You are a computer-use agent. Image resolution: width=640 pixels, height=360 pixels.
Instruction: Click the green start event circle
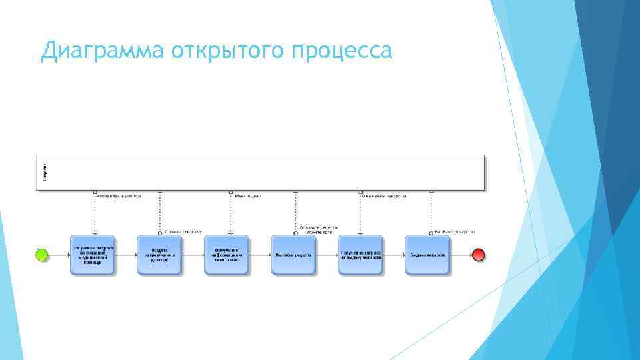click(x=42, y=255)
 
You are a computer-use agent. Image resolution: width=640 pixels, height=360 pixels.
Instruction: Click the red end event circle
click(x=478, y=255)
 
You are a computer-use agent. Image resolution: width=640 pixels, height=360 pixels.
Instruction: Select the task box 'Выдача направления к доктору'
click(x=159, y=255)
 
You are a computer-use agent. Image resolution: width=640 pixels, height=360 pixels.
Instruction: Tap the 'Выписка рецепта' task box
click(x=293, y=255)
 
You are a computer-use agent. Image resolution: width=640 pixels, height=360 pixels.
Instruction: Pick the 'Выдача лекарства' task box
click(x=427, y=255)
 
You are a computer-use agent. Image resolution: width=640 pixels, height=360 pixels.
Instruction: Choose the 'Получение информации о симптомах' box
click(x=226, y=255)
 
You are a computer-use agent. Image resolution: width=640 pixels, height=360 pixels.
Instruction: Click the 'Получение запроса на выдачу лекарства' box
click(x=361, y=255)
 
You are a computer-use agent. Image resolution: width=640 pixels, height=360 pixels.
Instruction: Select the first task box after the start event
click(x=93, y=255)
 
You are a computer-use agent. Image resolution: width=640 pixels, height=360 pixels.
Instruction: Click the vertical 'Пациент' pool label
click(x=44, y=172)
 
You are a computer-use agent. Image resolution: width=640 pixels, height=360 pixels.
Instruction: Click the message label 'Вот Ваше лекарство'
click(x=455, y=232)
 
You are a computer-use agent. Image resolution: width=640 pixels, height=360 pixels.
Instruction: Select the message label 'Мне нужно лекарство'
click(x=384, y=197)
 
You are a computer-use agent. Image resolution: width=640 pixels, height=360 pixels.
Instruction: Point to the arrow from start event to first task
click(x=59, y=255)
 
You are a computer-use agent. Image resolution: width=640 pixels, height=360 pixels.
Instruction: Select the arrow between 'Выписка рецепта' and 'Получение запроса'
click(x=327, y=255)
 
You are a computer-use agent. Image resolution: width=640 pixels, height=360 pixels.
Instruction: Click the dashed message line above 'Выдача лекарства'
click(x=431, y=213)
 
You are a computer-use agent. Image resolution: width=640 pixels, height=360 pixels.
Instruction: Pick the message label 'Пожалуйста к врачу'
click(x=183, y=232)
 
